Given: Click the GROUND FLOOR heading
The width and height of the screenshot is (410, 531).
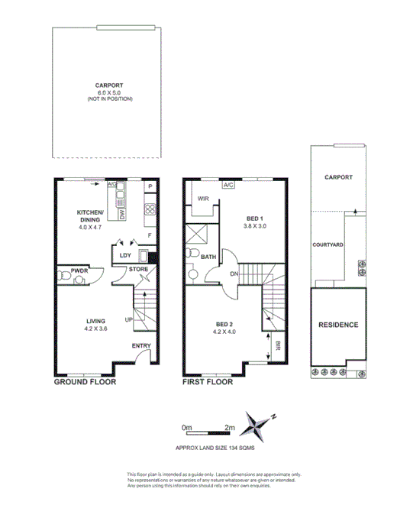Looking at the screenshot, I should (x=85, y=380).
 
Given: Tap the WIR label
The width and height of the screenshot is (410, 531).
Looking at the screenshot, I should (x=203, y=199).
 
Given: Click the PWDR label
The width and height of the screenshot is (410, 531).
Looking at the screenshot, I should (x=79, y=270).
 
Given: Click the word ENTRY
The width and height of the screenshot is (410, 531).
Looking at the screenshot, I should (x=141, y=347).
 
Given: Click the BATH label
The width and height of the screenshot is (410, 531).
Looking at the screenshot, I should (x=208, y=257).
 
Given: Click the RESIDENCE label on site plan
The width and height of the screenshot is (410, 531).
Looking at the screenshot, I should (x=337, y=325).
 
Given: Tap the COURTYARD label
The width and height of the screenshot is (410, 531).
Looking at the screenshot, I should (x=326, y=244).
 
